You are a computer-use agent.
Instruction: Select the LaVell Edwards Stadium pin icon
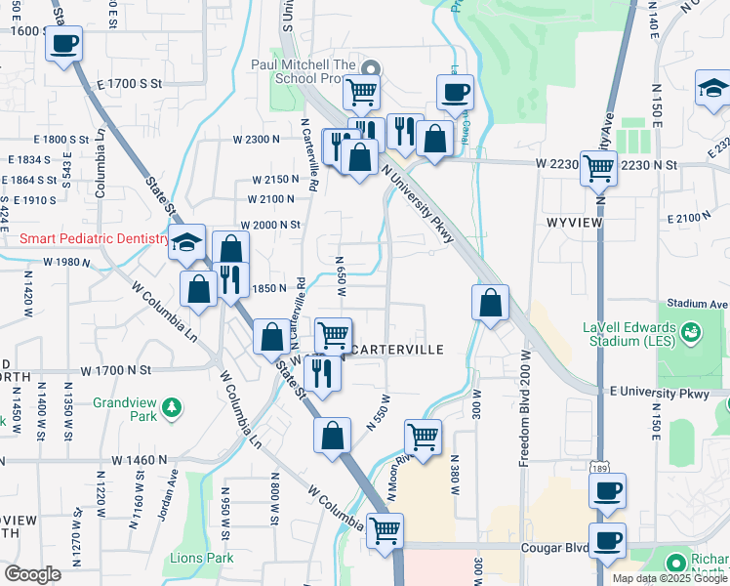[692, 332]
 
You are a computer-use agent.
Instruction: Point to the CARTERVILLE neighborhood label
[397, 350]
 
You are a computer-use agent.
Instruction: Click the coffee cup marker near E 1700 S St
[64, 44]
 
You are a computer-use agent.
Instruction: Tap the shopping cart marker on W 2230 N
[598, 168]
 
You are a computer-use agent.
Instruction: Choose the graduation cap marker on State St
[185, 243]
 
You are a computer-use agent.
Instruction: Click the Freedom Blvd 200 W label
[524, 406]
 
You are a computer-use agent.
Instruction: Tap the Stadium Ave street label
[699, 305]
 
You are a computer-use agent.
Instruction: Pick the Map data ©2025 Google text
[669, 578]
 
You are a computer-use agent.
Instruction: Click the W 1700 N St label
[117, 371]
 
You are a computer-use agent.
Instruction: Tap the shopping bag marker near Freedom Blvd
[490, 302]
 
